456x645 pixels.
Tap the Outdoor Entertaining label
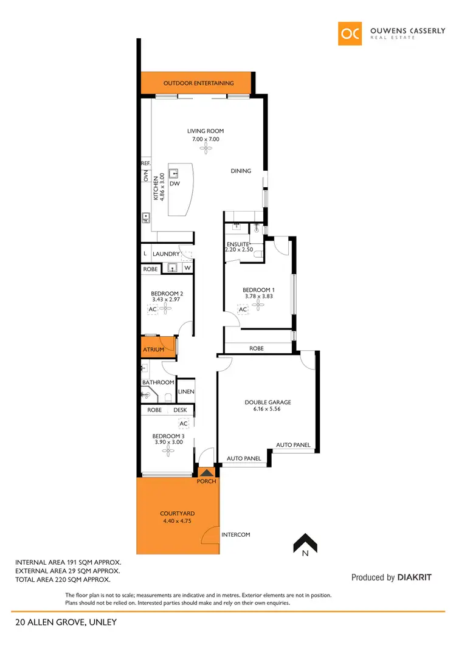[198, 83]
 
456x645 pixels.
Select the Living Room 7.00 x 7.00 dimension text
[206, 139]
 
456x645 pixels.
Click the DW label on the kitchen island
[175, 183]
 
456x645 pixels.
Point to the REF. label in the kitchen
[146, 164]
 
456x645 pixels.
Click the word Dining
[241, 171]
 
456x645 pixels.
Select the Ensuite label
[238, 244]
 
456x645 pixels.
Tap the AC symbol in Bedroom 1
[243, 309]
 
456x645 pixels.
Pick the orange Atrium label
[153, 350]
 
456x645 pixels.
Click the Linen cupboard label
[186, 391]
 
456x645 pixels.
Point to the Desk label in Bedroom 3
[180, 410]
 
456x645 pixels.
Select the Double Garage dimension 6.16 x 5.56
[268, 409]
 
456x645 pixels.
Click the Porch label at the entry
[207, 481]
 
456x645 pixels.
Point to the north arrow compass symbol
[303, 543]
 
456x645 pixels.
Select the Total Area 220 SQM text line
[67, 580]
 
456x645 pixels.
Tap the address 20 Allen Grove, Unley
[66, 622]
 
